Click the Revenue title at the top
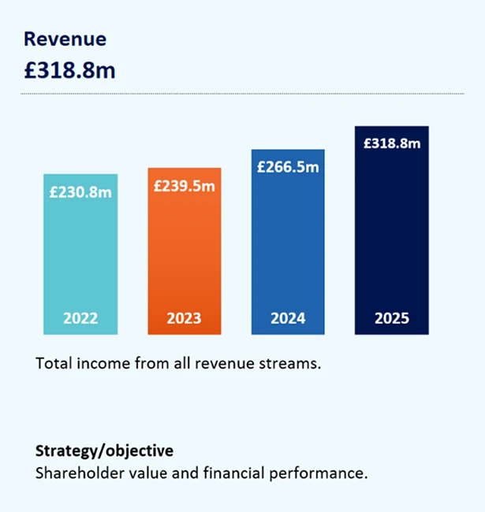click(x=65, y=39)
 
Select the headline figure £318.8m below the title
click(x=69, y=69)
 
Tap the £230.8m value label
click(x=80, y=191)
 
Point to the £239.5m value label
click(x=184, y=186)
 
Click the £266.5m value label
click(x=288, y=167)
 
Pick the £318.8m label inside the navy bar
click(x=392, y=143)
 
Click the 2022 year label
click(x=80, y=318)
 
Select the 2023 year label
click(x=184, y=318)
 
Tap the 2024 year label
click(x=288, y=318)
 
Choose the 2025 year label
click(x=392, y=318)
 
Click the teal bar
click(x=80, y=252)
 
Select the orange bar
click(x=184, y=252)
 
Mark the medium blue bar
click(x=288, y=244)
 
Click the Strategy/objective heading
click(x=104, y=451)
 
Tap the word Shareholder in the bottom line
click(x=75, y=474)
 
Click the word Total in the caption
click(x=52, y=364)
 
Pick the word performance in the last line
click(x=328, y=474)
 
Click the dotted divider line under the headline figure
click(x=237, y=94)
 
